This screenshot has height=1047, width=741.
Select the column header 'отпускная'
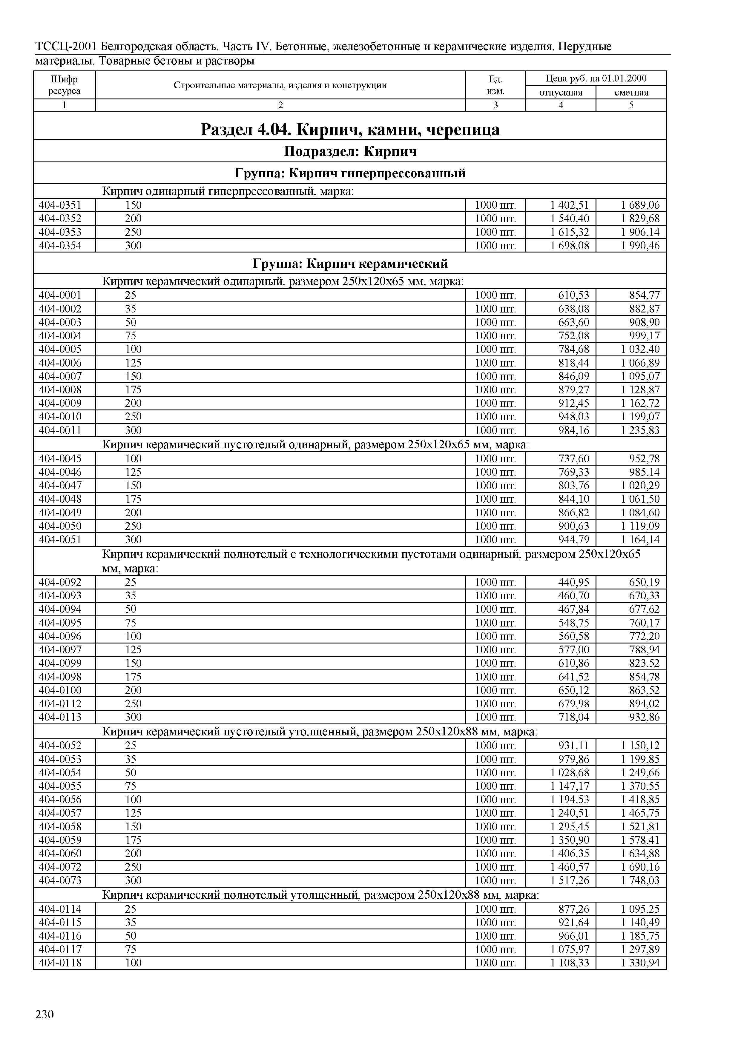(561, 93)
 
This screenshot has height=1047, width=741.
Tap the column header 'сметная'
(631, 93)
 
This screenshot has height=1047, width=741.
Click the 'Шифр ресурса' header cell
(64, 85)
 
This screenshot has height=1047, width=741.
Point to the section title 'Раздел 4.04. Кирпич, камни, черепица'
(350, 130)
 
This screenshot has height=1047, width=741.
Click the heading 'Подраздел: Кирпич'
(350, 151)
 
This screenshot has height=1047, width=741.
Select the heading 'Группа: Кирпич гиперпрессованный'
(350, 173)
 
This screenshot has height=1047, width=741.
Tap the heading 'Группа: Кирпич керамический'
(350, 264)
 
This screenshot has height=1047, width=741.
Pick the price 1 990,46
(640, 246)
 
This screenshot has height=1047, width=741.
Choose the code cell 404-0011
(60, 430)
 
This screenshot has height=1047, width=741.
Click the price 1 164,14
(640, 539)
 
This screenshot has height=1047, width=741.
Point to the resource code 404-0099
(60, 663)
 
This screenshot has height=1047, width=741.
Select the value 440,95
(573, 582)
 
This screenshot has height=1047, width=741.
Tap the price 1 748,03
(640, 880)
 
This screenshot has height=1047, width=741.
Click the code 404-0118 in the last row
(60, 962)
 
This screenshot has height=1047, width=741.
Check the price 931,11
(573, 746)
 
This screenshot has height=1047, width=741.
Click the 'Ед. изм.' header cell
(495, 85)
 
